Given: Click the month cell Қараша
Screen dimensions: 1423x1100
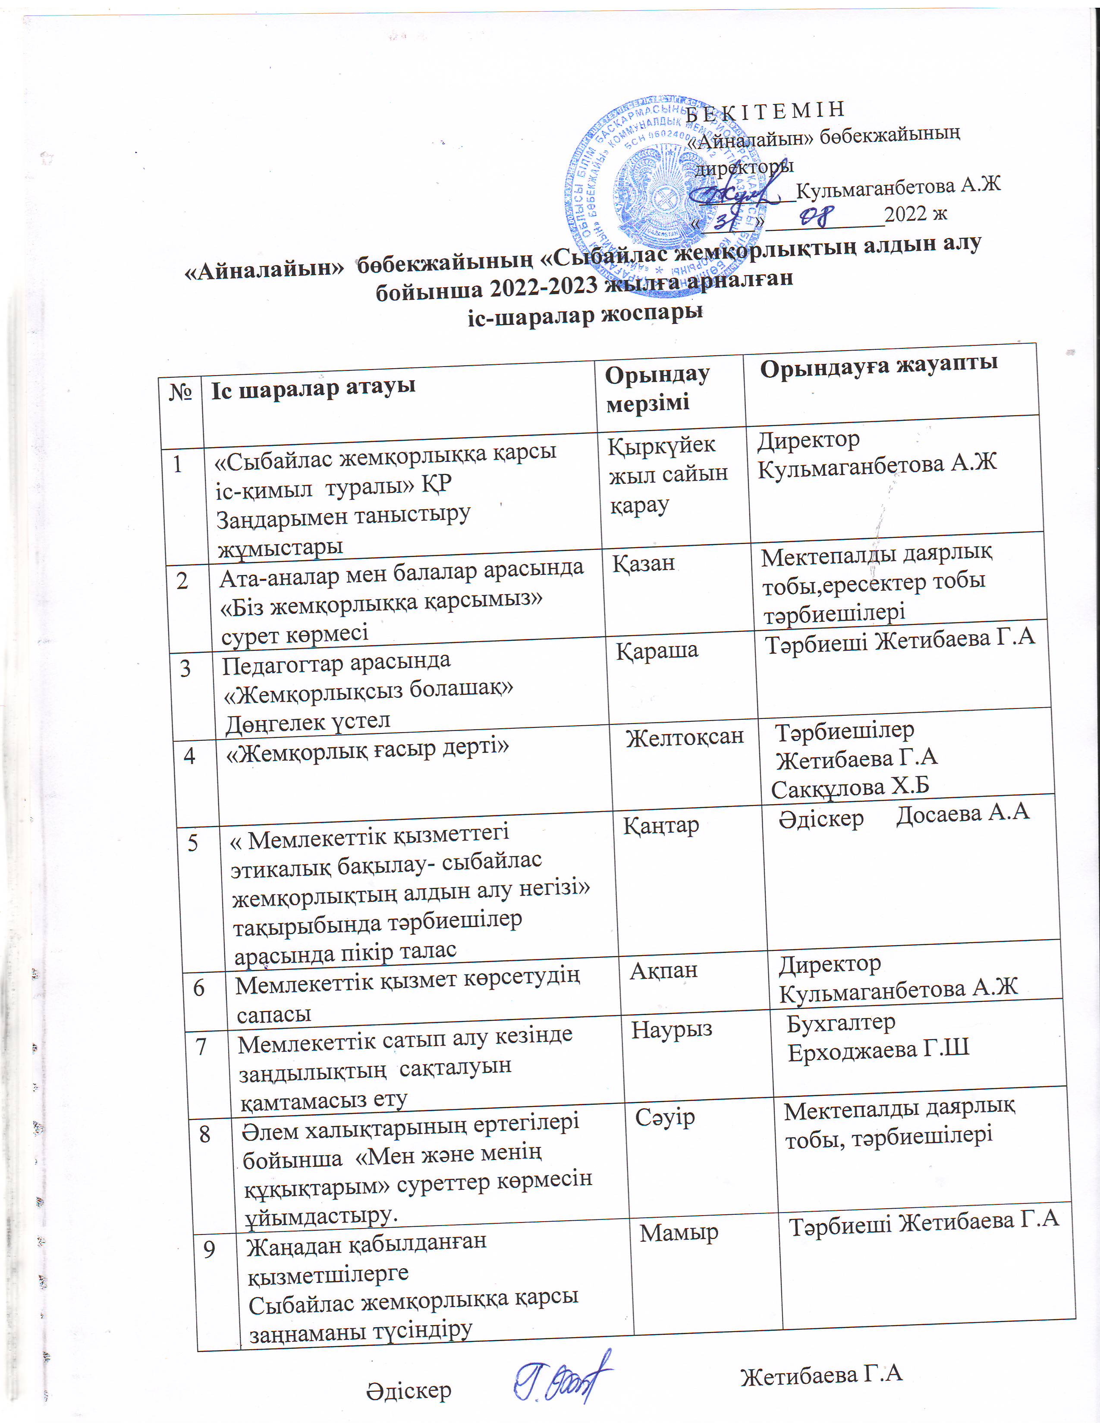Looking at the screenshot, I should point(657,650).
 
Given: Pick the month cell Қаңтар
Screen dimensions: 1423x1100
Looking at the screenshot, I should point(661,825).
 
